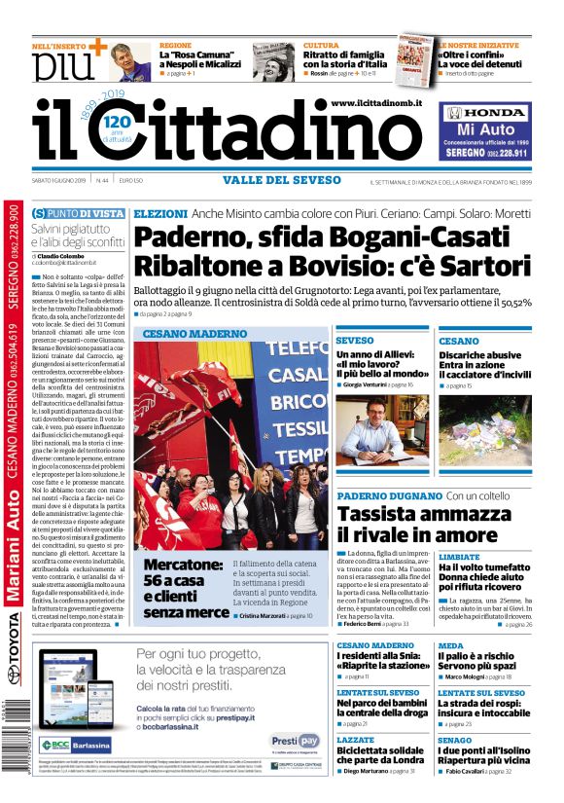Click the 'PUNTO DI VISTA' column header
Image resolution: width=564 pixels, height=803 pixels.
78,213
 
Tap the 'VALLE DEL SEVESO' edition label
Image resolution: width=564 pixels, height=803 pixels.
281,180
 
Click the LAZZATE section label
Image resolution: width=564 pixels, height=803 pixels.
355,741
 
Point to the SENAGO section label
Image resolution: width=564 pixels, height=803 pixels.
454,740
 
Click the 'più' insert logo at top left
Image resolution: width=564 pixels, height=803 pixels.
58,65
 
